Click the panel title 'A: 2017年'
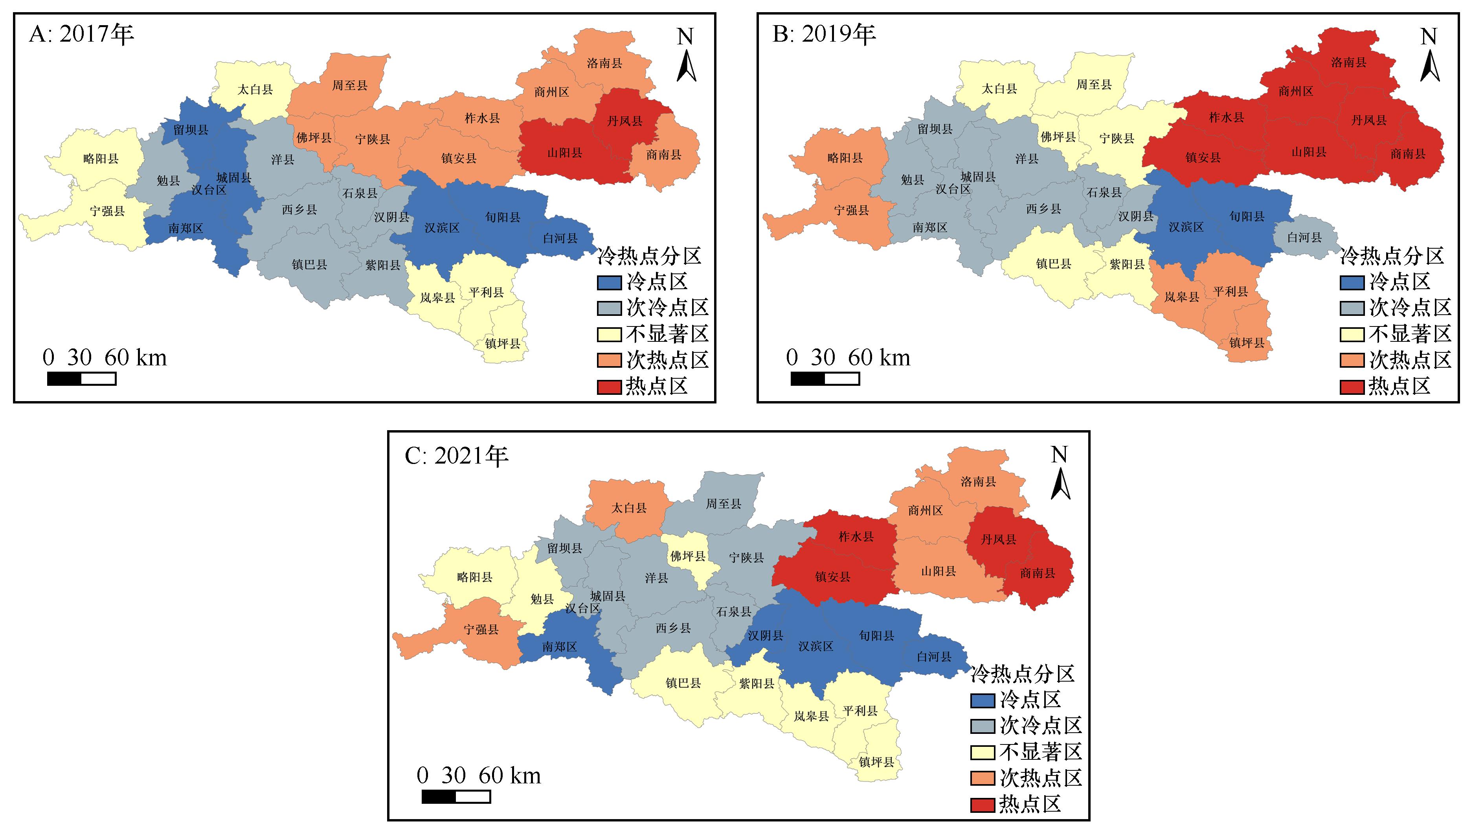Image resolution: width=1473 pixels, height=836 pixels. point(81,35)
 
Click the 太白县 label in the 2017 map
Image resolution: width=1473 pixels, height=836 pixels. point(255,90)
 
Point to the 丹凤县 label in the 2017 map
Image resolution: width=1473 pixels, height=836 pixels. point(625,121)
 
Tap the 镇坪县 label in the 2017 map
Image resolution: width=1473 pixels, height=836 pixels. point(503,344)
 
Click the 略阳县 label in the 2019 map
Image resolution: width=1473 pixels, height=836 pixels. point(845,158)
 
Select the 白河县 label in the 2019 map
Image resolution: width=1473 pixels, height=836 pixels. point(1304,238)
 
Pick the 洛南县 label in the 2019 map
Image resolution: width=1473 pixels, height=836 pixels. point(1348,62)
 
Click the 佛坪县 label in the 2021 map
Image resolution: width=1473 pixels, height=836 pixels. point(687,556)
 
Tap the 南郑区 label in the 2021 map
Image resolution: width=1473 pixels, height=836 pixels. point(559,647)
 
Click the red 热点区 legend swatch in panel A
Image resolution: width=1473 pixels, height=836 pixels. point(609,387)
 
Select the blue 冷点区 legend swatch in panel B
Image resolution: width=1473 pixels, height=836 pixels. point(1352,282)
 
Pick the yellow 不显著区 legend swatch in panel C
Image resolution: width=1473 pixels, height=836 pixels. point(982,752)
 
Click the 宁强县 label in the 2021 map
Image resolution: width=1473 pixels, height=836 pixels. point(481,630)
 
